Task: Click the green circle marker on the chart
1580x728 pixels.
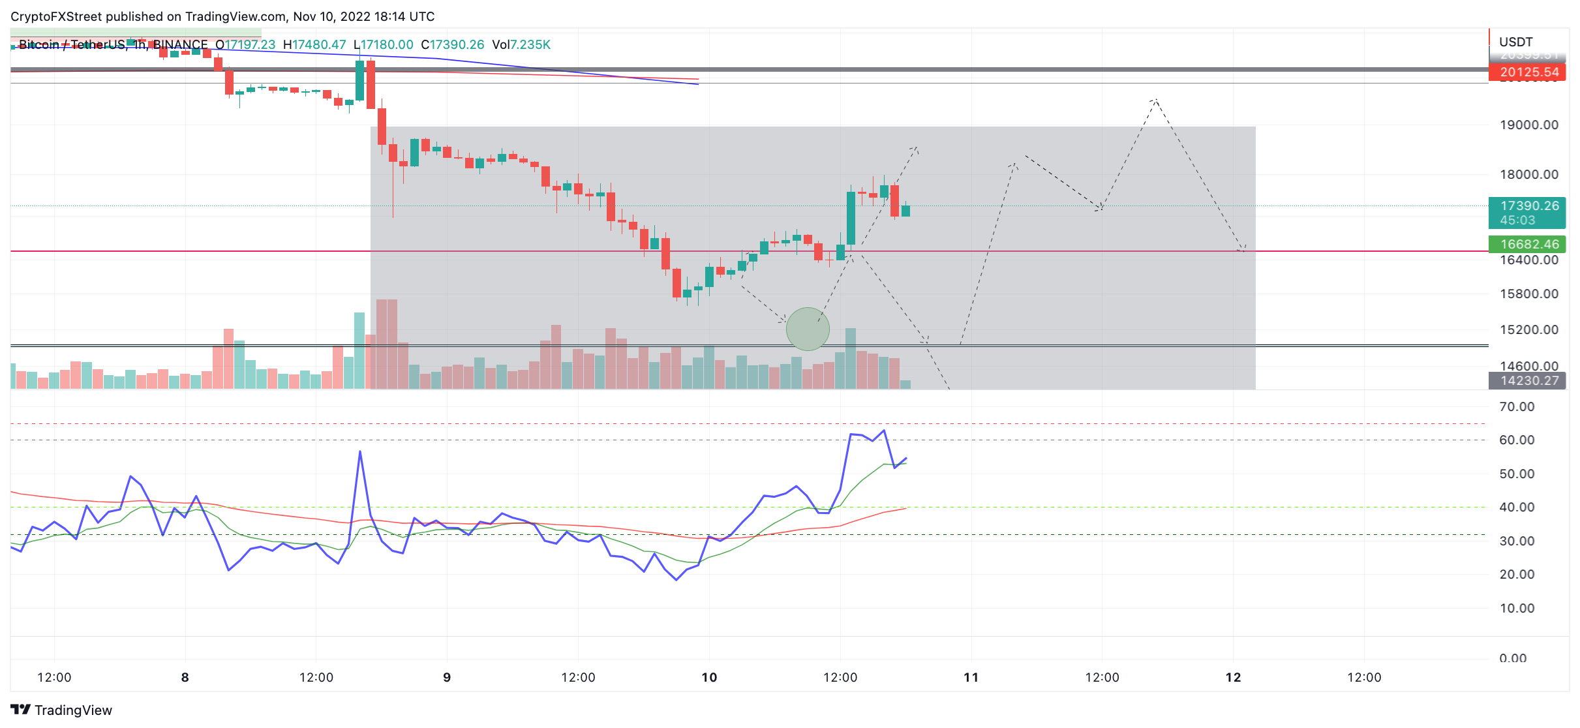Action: point(808,329)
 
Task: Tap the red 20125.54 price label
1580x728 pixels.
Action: point(1528,72)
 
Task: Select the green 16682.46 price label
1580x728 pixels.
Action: point(1528,244)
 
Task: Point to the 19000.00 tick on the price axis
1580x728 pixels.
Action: point(1528,125)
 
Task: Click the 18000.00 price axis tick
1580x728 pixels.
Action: point(1528,174)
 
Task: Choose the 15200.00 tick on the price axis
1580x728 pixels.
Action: point(1528,329)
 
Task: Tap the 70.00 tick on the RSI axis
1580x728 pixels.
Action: point(1517,406)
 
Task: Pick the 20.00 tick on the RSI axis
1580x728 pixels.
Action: point(1517,574)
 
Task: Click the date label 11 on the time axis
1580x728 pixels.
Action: point(971,677)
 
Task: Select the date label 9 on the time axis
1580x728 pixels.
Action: point(447,677)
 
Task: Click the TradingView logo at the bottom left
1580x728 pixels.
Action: point(61,710)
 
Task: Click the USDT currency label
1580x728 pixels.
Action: point(1515,42)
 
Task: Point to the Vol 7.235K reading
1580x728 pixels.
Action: point(521,44)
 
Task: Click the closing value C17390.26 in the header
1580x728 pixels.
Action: point(453,44)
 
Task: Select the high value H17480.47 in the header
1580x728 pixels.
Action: point(314,44)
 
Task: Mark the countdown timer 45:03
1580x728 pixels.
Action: point(1517,220)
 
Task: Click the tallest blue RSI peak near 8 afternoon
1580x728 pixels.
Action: point(360,451)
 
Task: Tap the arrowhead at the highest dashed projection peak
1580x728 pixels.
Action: point(1155,100)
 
